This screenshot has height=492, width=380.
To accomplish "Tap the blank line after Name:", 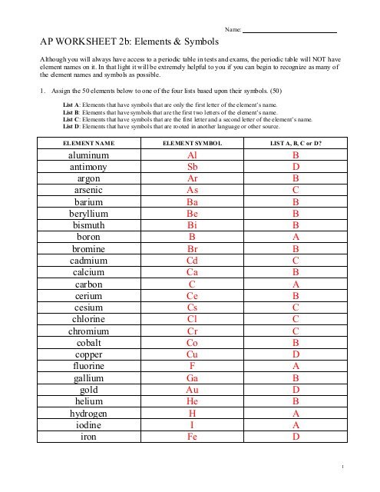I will (290, 30).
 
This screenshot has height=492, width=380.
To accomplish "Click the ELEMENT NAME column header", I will (88, 143).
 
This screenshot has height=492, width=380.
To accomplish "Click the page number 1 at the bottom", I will (349, 466).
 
